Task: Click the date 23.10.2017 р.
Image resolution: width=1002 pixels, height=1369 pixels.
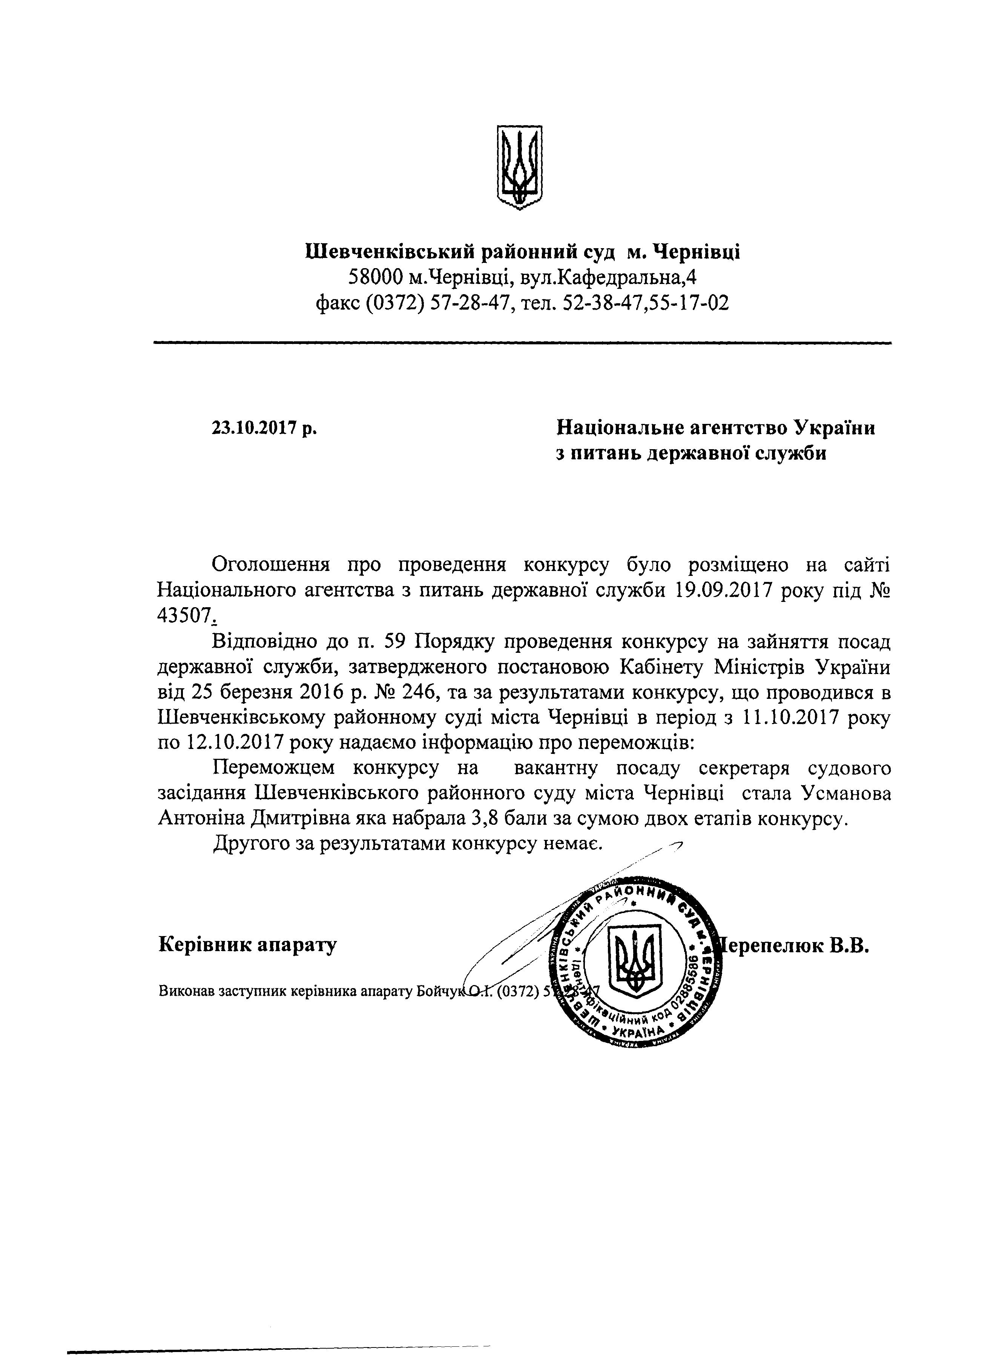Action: pyautogui.click(x=264, y=428)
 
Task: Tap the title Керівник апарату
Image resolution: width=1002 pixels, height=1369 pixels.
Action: pyautogui.click(x=247, y=944)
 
